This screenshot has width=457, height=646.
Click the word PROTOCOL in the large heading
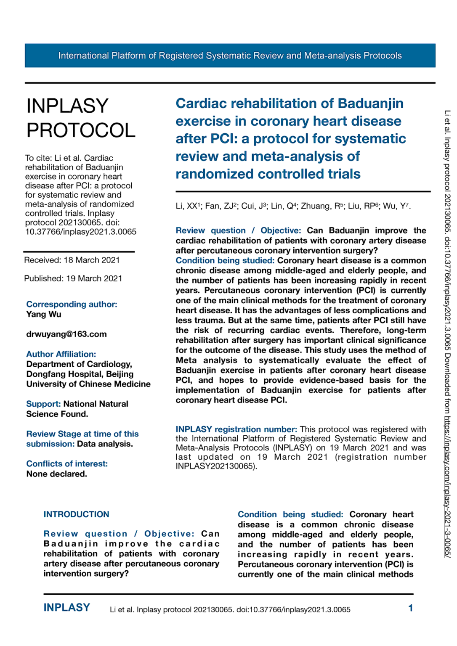click(81, 130)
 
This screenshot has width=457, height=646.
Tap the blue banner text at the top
click(230, 56)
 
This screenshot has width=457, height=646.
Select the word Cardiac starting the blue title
click(203, 103)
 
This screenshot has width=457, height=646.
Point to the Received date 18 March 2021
click(92, 260)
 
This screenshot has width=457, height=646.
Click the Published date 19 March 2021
click(94, 278)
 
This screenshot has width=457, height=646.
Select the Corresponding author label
click(72, 304)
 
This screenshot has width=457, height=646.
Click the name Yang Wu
click(44, 314)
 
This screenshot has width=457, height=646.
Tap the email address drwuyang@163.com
click(66, 334)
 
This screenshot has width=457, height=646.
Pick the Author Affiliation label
click(61, 354)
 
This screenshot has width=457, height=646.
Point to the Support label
click(43, 404)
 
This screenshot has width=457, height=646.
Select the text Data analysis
click(105, 444)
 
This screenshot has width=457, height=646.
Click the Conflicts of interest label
click(67, 463)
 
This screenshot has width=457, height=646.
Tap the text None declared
click(57, 474)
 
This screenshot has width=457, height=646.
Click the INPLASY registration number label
click(236, 429)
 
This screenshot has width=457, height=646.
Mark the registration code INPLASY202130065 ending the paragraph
click(215, 466)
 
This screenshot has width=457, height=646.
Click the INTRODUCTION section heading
click(76, 514)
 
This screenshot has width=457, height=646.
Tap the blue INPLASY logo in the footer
click(67, 608)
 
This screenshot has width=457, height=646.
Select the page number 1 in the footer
click(410, 608)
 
